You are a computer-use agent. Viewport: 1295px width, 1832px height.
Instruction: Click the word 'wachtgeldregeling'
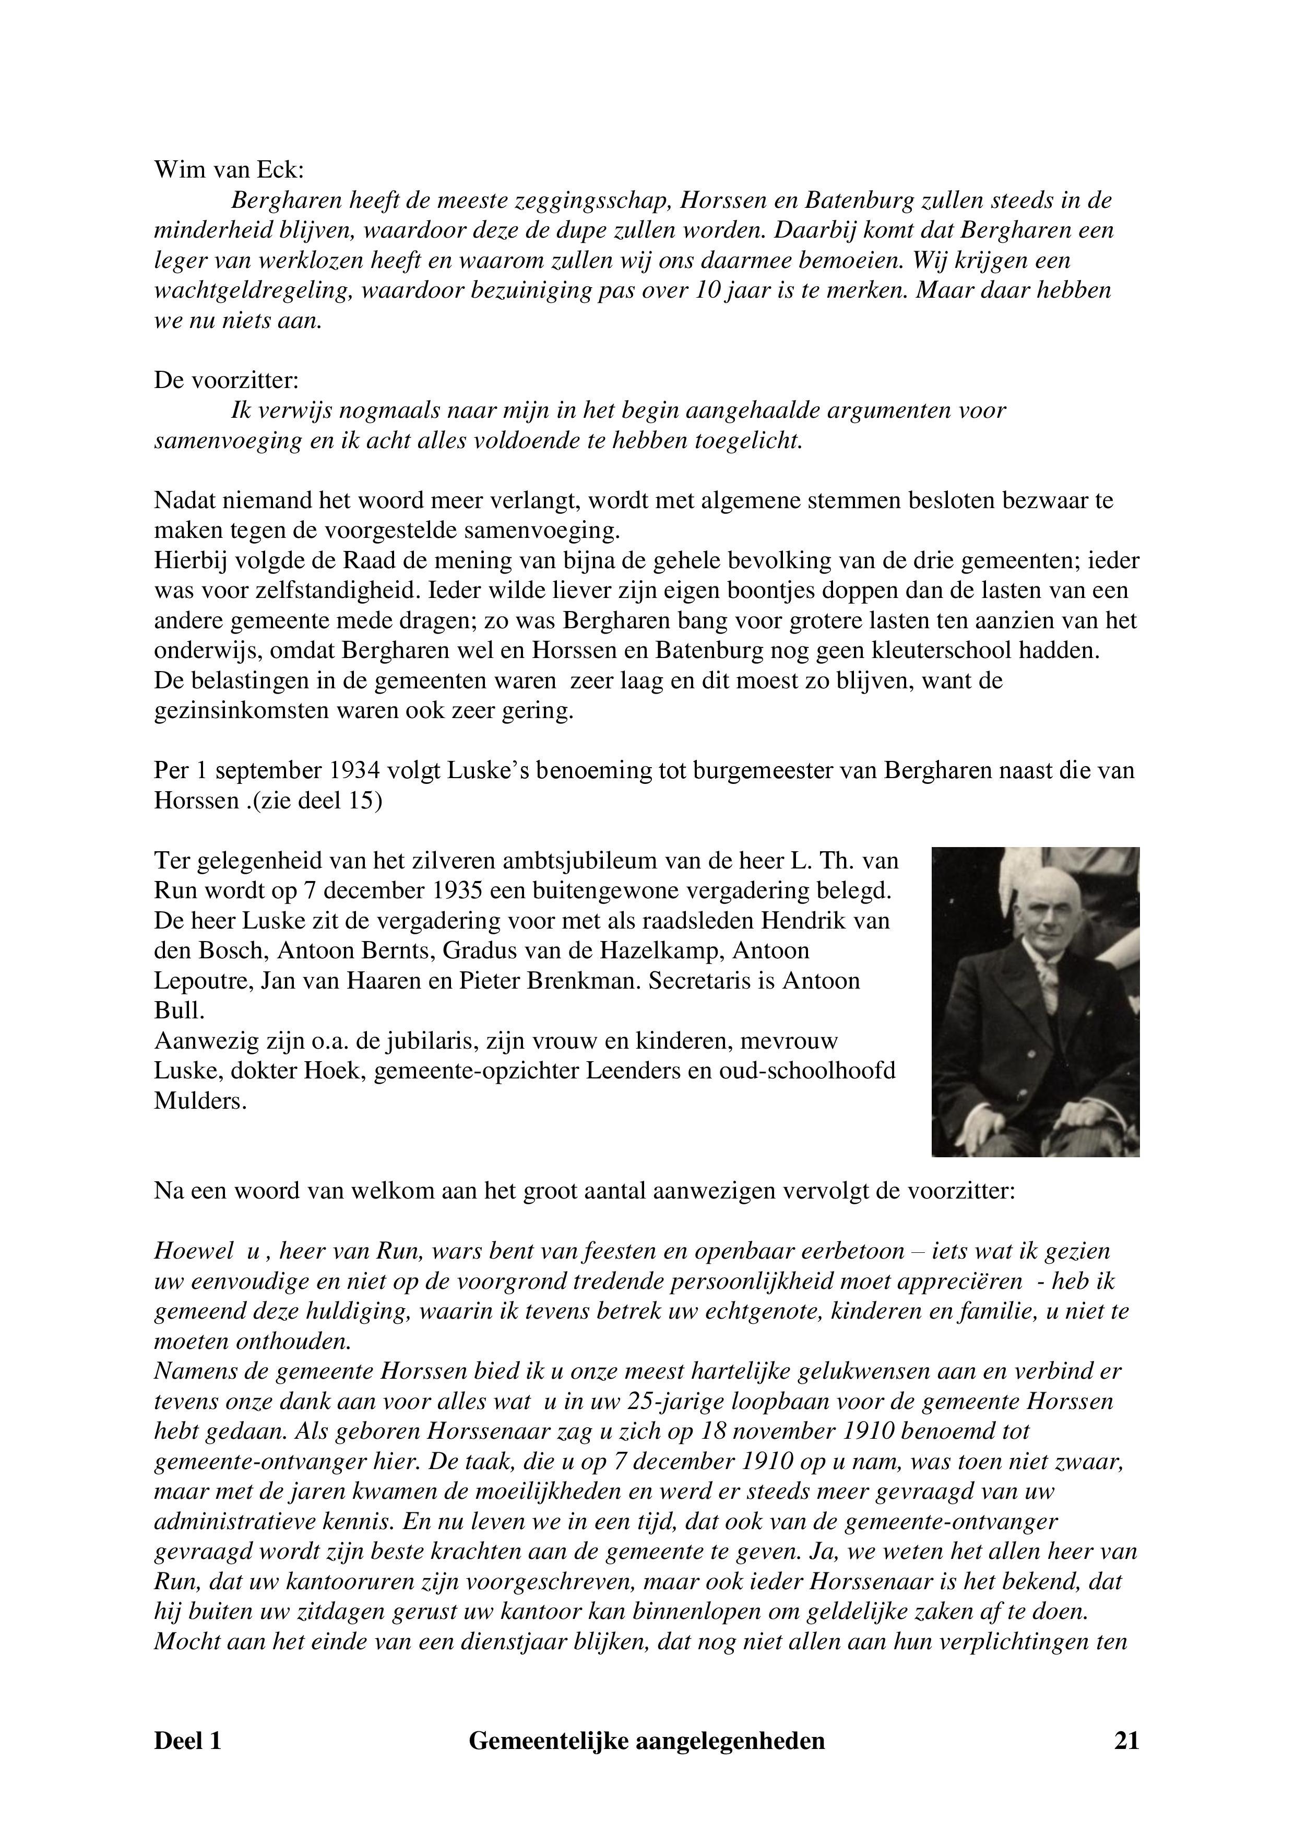pos(253,290)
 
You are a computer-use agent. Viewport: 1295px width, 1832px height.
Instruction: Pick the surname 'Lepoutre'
pos(204,981)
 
